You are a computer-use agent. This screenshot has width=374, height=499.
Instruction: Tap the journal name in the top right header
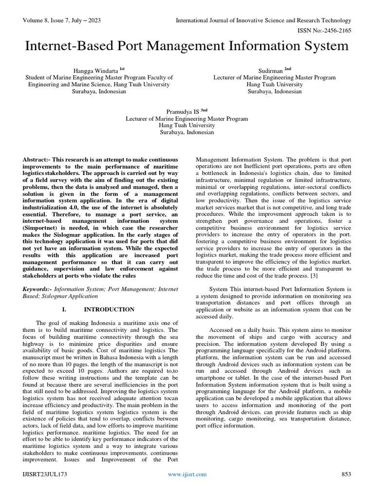(263, 20)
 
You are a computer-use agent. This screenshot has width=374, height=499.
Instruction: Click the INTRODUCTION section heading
(109, 309)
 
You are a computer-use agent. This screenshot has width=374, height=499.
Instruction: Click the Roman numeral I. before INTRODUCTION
(64, 309)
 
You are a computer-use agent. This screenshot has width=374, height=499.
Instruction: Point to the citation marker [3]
(315, 276)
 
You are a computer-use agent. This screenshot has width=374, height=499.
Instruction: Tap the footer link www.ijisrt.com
(187, 474)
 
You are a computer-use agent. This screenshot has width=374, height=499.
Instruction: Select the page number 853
(345, 474)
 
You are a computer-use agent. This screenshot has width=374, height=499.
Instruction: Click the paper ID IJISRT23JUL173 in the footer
(44, 474)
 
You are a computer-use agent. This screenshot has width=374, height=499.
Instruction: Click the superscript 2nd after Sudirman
(288, 69)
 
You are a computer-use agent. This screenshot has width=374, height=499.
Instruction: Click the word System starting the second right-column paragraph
(218, 289)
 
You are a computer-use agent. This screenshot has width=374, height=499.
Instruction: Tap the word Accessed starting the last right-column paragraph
(222, 330)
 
